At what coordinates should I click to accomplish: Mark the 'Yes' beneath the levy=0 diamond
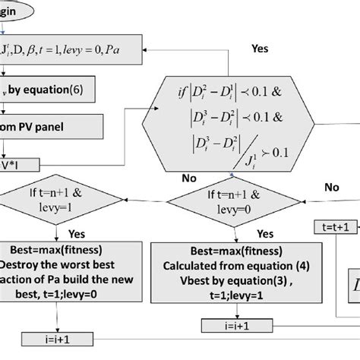266,235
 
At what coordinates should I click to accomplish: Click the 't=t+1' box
334,226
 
